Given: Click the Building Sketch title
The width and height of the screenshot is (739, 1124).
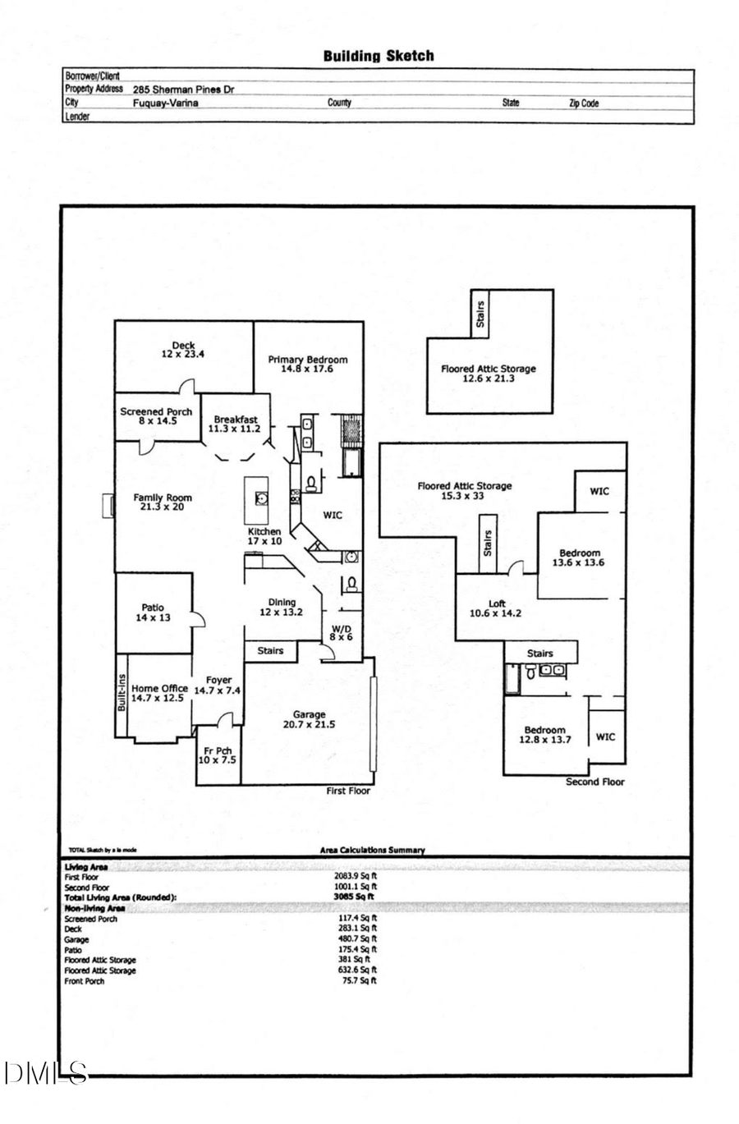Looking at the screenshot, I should coord(379,57).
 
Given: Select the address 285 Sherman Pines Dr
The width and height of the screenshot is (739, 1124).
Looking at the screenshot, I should coord(183,89).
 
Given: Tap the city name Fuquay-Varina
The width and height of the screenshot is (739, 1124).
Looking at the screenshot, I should coord(166,103).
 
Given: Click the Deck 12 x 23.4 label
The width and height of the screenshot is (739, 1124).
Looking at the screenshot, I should coord(183,351).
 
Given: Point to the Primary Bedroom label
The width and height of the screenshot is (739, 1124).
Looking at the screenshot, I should coord(308,365).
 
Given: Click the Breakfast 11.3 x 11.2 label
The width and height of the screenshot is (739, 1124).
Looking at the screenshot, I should coord(235,424).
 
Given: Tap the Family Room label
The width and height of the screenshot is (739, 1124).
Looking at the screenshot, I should coord(163,502).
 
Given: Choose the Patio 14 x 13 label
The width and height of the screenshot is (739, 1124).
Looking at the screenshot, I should coord(154,613).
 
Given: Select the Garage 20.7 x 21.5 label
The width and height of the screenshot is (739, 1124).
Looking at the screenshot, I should coord(309,720).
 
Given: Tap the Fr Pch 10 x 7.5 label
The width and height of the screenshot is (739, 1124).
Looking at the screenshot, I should coord(218,755).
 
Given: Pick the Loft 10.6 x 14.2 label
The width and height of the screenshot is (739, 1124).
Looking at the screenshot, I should coord(497,608).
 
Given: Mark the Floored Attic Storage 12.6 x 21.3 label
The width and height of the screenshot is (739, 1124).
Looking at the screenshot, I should coord(488,374).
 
